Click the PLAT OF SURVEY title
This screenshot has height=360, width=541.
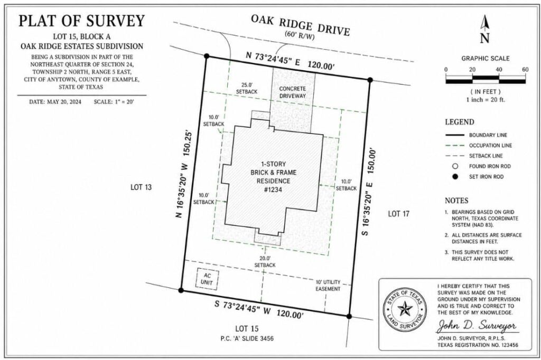[x=81, y=21]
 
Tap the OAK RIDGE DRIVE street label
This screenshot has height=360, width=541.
[x=300, y=25]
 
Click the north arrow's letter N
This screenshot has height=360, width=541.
[x=484, y=38]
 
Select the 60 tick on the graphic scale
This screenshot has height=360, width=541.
[x=525, y=70]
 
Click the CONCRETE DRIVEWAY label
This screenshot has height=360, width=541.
[x=293, y=92]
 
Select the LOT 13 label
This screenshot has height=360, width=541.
[x=141, y=187]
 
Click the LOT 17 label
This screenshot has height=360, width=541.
[x=399, y=213]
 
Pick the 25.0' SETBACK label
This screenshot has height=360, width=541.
[x=246, y=88]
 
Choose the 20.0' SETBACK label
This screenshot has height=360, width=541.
[x=265, y=261]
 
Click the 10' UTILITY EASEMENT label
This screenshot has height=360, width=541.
[x=328, y=286]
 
